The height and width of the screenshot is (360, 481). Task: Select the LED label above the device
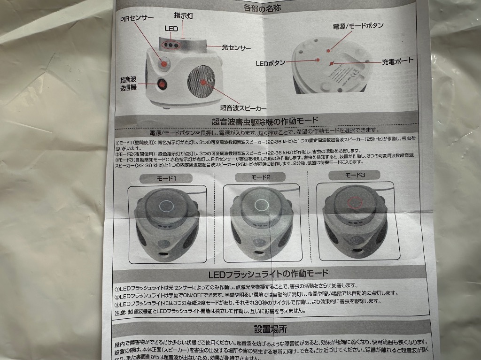click(x=171, y=29)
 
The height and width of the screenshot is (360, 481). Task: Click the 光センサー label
click(x=236, y=47)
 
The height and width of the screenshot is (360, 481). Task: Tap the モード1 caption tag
click(x=160, y=179)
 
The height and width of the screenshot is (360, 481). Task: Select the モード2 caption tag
click(x=258, y=177)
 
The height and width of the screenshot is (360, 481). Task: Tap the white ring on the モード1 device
click(x=166, y=206)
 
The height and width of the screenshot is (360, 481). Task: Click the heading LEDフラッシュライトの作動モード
click(x=268, y=273)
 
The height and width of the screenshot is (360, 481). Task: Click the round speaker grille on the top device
click(x=203, y=83)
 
